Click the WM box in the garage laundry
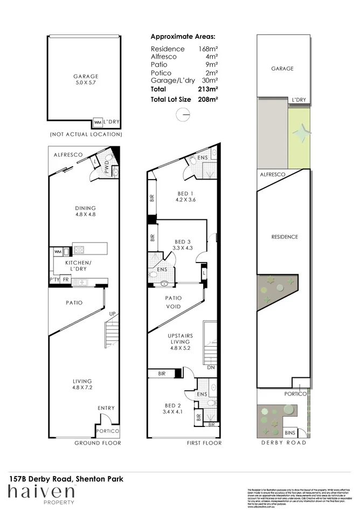(98, 122)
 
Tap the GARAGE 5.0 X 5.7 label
(86, 80)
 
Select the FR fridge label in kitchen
(66, 280)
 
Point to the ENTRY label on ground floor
(106, 408)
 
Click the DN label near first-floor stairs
(210, 368)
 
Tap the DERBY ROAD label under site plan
(283, 443)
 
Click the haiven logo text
(40, 492)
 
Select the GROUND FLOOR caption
(98, 443)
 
